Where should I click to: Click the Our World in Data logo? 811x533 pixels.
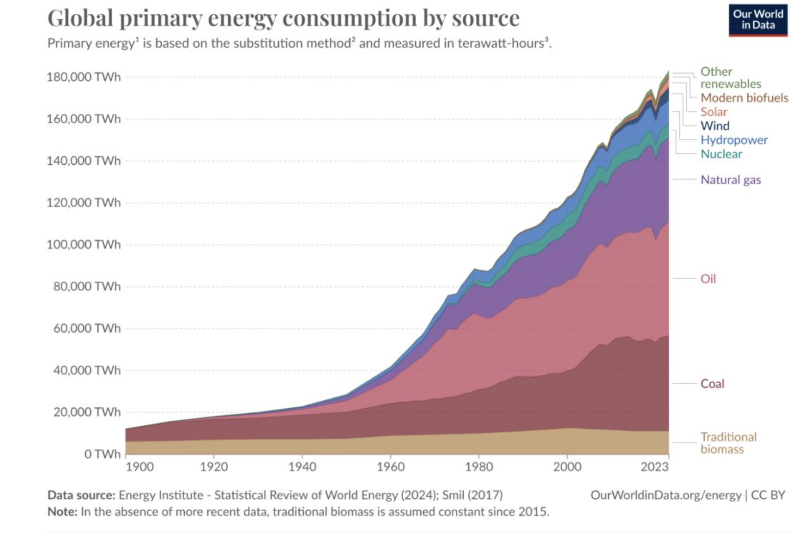pos(758,20)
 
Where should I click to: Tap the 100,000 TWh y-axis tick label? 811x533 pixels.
pos(83,245)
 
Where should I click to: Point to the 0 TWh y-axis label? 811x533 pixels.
pos(102,454)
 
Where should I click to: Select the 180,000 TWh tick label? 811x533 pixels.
pos(83,77)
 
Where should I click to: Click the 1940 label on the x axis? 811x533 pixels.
pos(302,467)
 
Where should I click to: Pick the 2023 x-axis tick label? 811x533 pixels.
pos(655,467)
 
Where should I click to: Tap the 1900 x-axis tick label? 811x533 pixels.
pos(140,467)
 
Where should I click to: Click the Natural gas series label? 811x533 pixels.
pos(731,180)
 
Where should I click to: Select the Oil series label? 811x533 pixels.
pos(708,279)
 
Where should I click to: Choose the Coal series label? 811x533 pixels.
pos(712,384)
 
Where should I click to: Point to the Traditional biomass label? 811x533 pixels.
pos(728,443)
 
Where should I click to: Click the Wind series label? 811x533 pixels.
pos(715,126)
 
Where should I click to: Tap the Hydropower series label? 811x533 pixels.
pos(734,140)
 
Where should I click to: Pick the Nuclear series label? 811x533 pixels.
pos(721,154)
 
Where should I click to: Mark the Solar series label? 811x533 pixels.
pos(714,112)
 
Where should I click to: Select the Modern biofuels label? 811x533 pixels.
pos(744,98)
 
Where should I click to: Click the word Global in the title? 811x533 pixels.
pos(80,18)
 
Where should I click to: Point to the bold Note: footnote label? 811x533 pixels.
pos(62,512)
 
